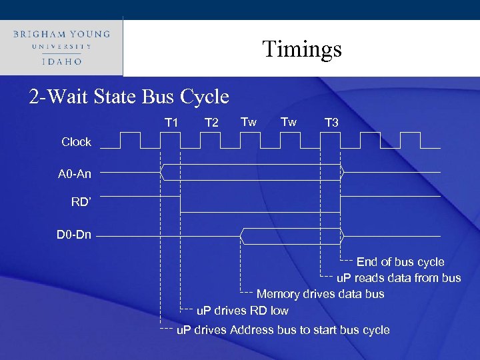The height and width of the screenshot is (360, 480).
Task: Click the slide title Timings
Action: (x=301, y=49)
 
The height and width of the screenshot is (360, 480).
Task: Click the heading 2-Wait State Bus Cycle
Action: (x=129, y=97)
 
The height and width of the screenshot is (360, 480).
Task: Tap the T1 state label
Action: (x=171, y=122)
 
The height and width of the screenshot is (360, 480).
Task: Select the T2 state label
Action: (x=211, y=123)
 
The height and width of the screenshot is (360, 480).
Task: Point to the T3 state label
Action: (x=331, y=123)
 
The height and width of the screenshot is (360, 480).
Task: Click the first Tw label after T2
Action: (x=249, y=121)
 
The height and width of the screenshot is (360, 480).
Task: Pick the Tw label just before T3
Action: (x=289, y=121)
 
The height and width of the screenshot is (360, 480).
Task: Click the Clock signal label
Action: (x=76, y=142)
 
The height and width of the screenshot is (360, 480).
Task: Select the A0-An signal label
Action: (x=75, y=174)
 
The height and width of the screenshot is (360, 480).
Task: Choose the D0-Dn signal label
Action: (x=74, y=235)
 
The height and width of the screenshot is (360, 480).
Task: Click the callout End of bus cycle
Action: (x=400, y=262)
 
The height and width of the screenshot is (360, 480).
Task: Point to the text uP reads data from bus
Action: (x=398, y=278)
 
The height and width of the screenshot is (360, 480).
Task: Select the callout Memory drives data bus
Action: (x=320, y=294)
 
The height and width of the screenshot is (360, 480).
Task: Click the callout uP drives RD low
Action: (x=243, y=310)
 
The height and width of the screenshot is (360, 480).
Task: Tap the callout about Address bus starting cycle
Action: (x=283, y=330)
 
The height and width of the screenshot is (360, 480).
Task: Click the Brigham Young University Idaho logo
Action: (x=61, y=46)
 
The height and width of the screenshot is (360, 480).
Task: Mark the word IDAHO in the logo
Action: (x=61, y=61)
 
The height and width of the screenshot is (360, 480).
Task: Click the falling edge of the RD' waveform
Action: (x=181, y=204)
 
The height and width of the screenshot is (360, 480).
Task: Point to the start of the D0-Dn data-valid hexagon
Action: (x=241, y=235)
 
